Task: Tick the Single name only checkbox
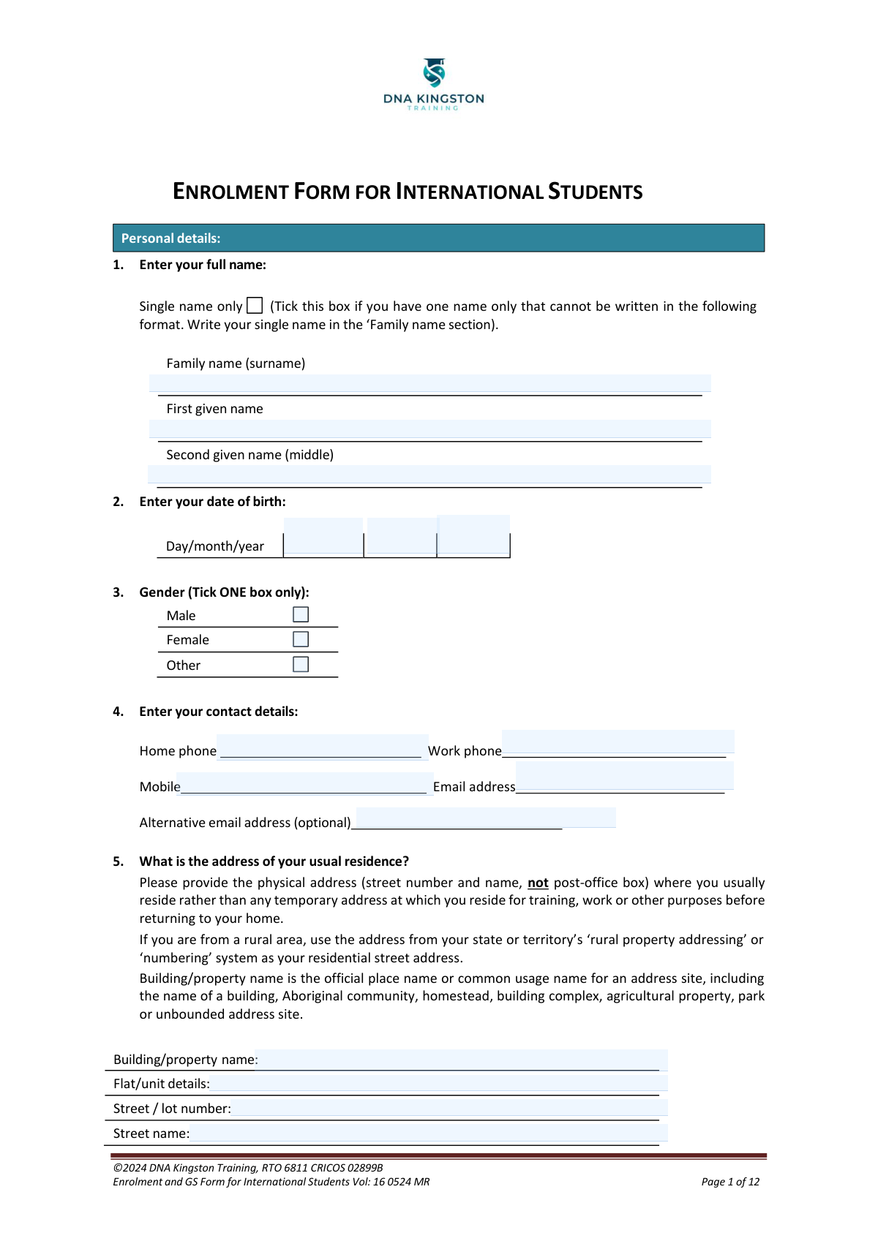click(x=255, y=306)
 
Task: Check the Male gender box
click(x=301, y=614)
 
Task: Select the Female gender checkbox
click(x=301, y=639)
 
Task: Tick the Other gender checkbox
click(x=301, y=664)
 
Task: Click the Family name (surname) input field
click(x=429, y=383)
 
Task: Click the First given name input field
click(x=429, y=429)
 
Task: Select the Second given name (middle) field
click(x=429, y=475)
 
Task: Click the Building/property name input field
click(x=461, y=1060)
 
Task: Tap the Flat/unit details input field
click(x=439, y=1083)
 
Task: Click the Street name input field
click(x=428, y=1133)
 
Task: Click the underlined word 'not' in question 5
click(x=538, y=883)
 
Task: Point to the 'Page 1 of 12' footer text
click(x=730, y=1182)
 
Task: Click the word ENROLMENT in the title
click(x=230, y=192)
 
